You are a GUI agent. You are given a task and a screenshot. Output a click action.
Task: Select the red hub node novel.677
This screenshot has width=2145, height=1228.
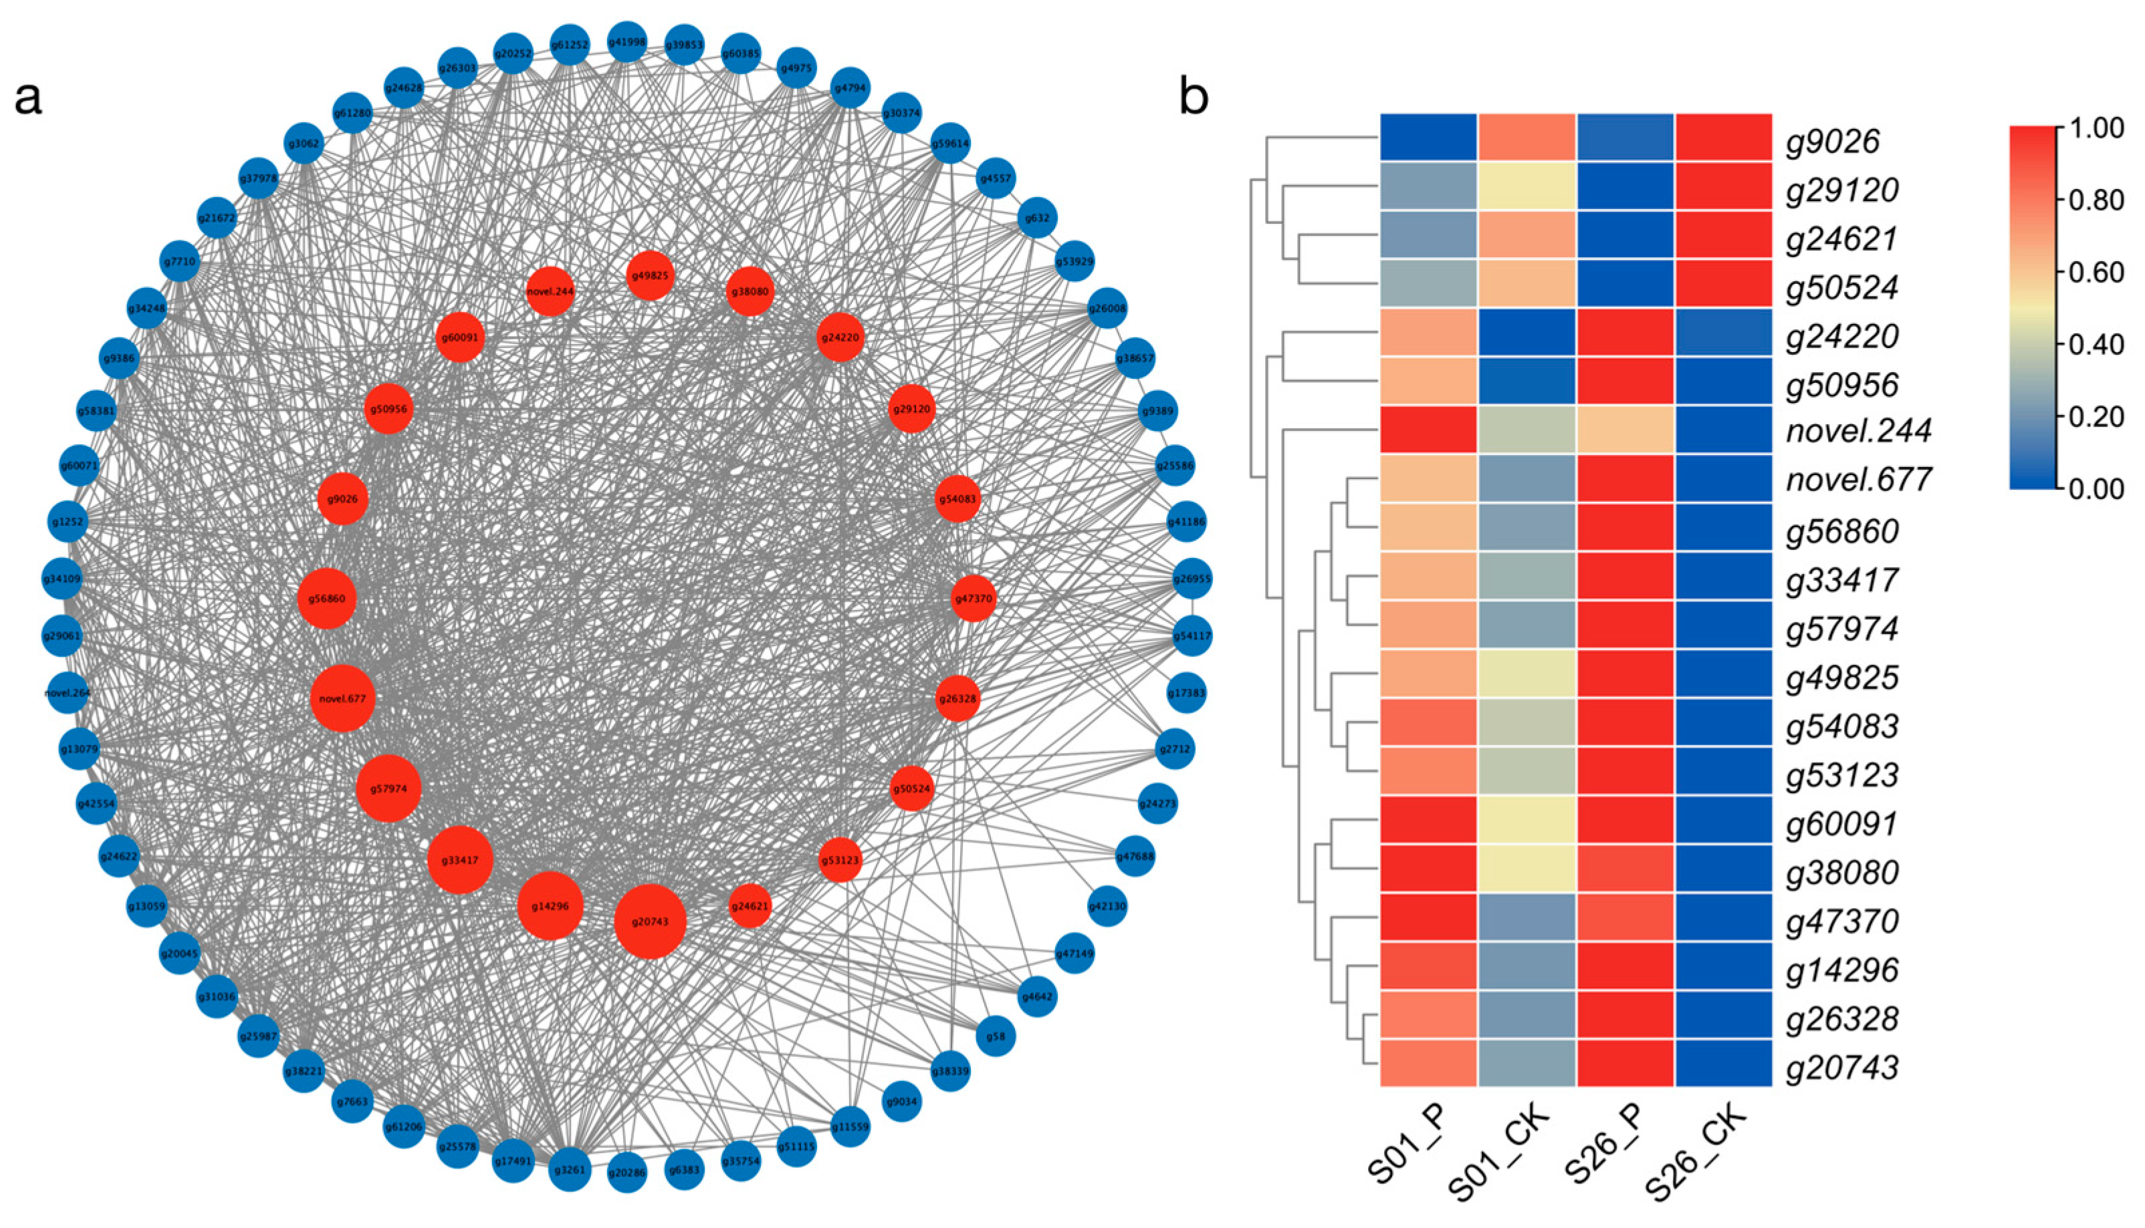tap(342, 698)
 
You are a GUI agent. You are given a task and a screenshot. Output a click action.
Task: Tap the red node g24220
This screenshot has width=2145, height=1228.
tap(840, 337)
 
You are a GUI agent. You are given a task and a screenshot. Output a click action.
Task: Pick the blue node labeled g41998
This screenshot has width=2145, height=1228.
tap(627, 42)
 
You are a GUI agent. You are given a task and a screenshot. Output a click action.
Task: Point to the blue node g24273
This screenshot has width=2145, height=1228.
tap(1157, 804)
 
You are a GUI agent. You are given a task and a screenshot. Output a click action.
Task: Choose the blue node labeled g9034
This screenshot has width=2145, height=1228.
tap(902, 1102)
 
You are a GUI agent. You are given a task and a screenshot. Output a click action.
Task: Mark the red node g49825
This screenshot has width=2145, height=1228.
tap(650, 275)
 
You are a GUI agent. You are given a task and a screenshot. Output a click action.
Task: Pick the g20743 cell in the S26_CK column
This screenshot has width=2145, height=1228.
tap(1722, 1063)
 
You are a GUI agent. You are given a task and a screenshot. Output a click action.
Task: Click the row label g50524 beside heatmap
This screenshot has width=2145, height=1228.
tap(1841, 287)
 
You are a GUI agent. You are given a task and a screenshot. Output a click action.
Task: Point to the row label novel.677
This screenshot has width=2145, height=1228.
tap(1858, 480)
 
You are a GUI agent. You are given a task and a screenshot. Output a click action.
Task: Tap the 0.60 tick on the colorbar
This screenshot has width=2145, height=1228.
tap(2096, 273)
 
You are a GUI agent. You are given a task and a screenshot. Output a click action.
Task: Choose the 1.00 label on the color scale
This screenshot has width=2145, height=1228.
tap(2096, 128)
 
